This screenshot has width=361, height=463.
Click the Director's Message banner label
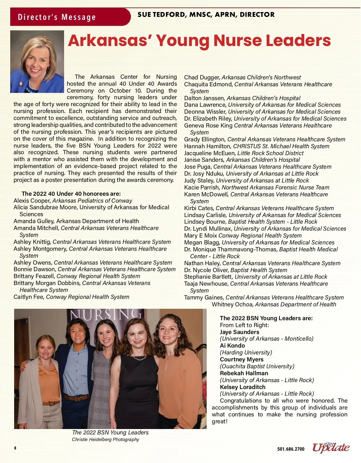tap(57, 17)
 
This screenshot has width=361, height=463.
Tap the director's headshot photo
tap(37, 62)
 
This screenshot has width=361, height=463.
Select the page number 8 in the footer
tap(15, 448)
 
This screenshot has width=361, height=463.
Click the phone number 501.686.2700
tap(291, 449)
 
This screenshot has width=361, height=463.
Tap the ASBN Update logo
tap(331, 447)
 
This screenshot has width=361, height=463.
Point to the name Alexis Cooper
tap(32, 201)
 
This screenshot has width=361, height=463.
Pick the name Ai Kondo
tap(232, 346)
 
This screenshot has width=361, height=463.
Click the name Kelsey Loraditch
tap(242, 387)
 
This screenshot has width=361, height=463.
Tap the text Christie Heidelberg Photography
tap(105, 440)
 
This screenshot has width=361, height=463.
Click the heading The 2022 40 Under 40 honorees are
tap(71, 194)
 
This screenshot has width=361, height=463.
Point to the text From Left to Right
tap(244, 325)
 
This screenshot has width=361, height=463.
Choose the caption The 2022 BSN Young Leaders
tap(110, 432)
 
